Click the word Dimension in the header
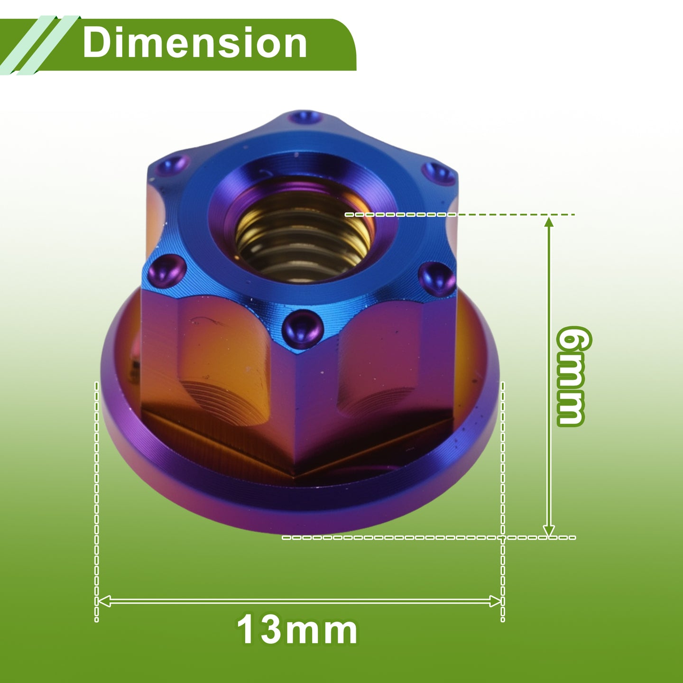194,43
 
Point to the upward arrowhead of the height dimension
549,222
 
